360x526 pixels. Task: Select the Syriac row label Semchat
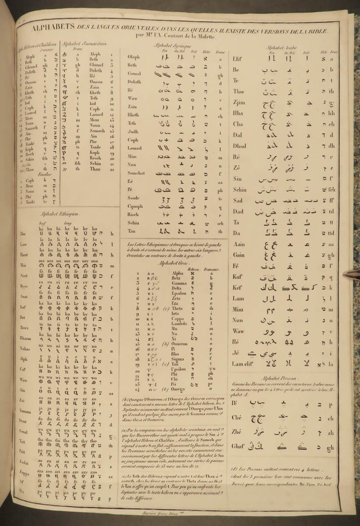136,173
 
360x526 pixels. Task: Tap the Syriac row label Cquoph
135,206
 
